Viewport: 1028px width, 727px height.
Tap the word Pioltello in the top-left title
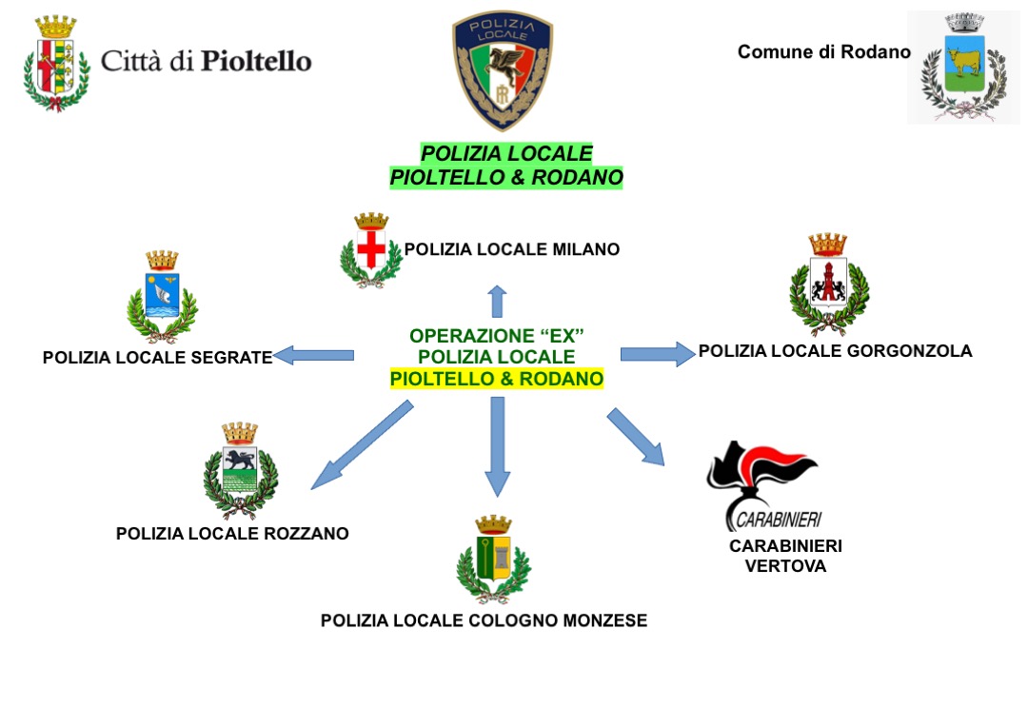click(x=256, y=62)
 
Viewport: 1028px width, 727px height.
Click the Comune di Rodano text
click(x=823, y=52)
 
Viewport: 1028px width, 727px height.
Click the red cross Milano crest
click(x=371, y=249)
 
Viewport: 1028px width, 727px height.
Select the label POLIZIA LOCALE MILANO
click(x=512, y=249)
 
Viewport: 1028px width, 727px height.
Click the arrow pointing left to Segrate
click(x=313, y=356)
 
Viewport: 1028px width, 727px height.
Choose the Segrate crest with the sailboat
click(x=162, y=296)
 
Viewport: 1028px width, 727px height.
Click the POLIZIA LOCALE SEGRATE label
click(x=157, y=358)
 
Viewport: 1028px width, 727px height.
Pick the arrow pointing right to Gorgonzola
click(x=658, y=354)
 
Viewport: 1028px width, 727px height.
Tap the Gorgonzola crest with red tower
click(x=828, y=282)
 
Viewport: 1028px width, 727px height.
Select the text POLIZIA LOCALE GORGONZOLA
click(x=835, y=351)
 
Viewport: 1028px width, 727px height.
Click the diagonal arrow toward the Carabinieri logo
click(x=635, y=437)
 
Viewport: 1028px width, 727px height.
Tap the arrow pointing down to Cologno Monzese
click(x=496, y=446)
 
